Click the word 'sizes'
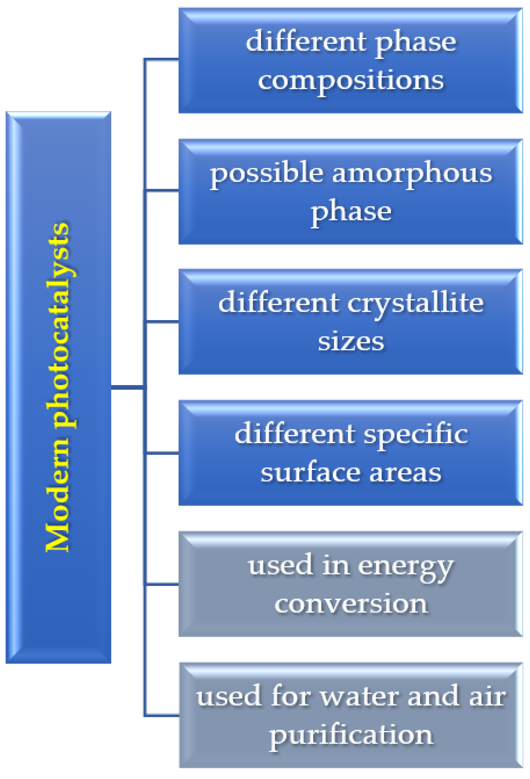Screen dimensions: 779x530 (350, 342)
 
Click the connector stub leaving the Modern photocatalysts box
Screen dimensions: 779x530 (127, 387)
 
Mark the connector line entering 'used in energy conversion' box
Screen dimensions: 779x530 (162, 585)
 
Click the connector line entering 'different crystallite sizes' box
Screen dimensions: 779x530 (162, 322)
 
